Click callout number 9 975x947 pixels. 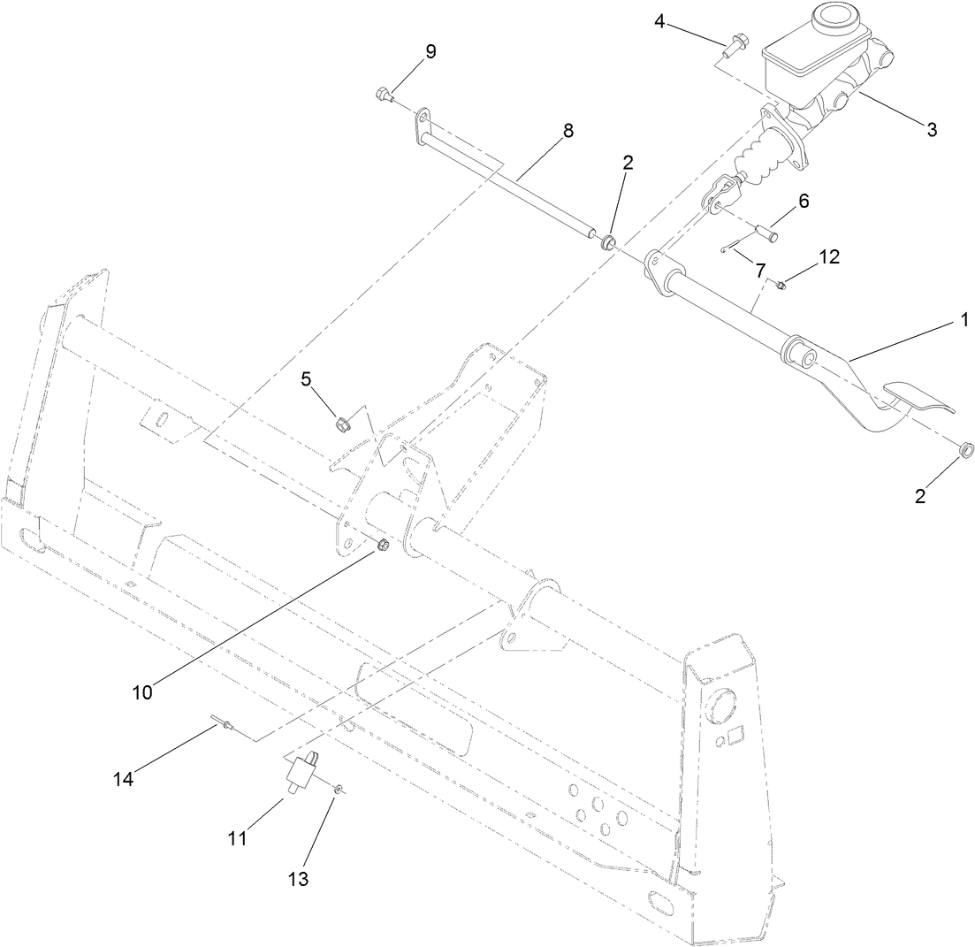pos(430,52)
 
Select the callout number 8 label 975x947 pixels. pos(567,131)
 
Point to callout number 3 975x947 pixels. pos(931,130)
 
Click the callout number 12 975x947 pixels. pos(829,256)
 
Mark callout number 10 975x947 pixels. pos(142,692)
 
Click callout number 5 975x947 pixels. pos(306,380)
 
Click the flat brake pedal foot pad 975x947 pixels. pos(919,399)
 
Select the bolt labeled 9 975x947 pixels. pos(384,93)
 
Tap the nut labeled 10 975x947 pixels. pos(383,545)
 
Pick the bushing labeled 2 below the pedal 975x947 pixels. pos(967,450)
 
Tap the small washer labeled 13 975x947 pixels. pos(339,786)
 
